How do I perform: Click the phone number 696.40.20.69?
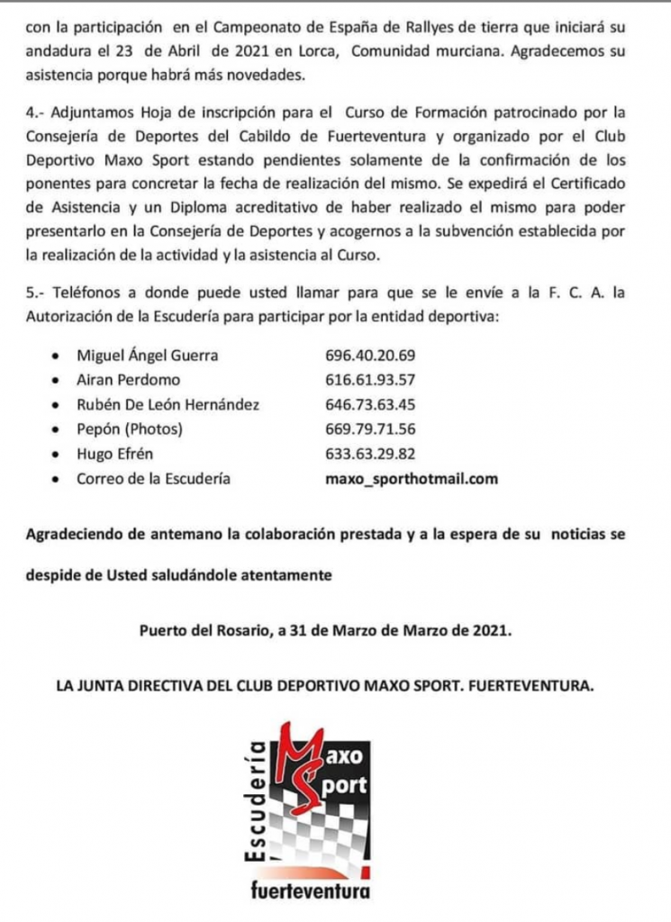point(369,356)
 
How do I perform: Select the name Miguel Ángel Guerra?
point(148,356)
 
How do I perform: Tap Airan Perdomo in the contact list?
point(129,380)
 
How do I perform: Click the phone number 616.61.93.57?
point(369,380)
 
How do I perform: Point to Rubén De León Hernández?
point(168,405)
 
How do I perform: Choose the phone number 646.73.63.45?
point(369,405)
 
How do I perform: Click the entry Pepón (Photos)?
point(130,429)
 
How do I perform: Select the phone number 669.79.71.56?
point(369,429)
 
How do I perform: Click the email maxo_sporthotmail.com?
point(411,479)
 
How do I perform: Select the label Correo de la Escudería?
point(153,479)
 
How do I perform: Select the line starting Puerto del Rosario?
point(326,631)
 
